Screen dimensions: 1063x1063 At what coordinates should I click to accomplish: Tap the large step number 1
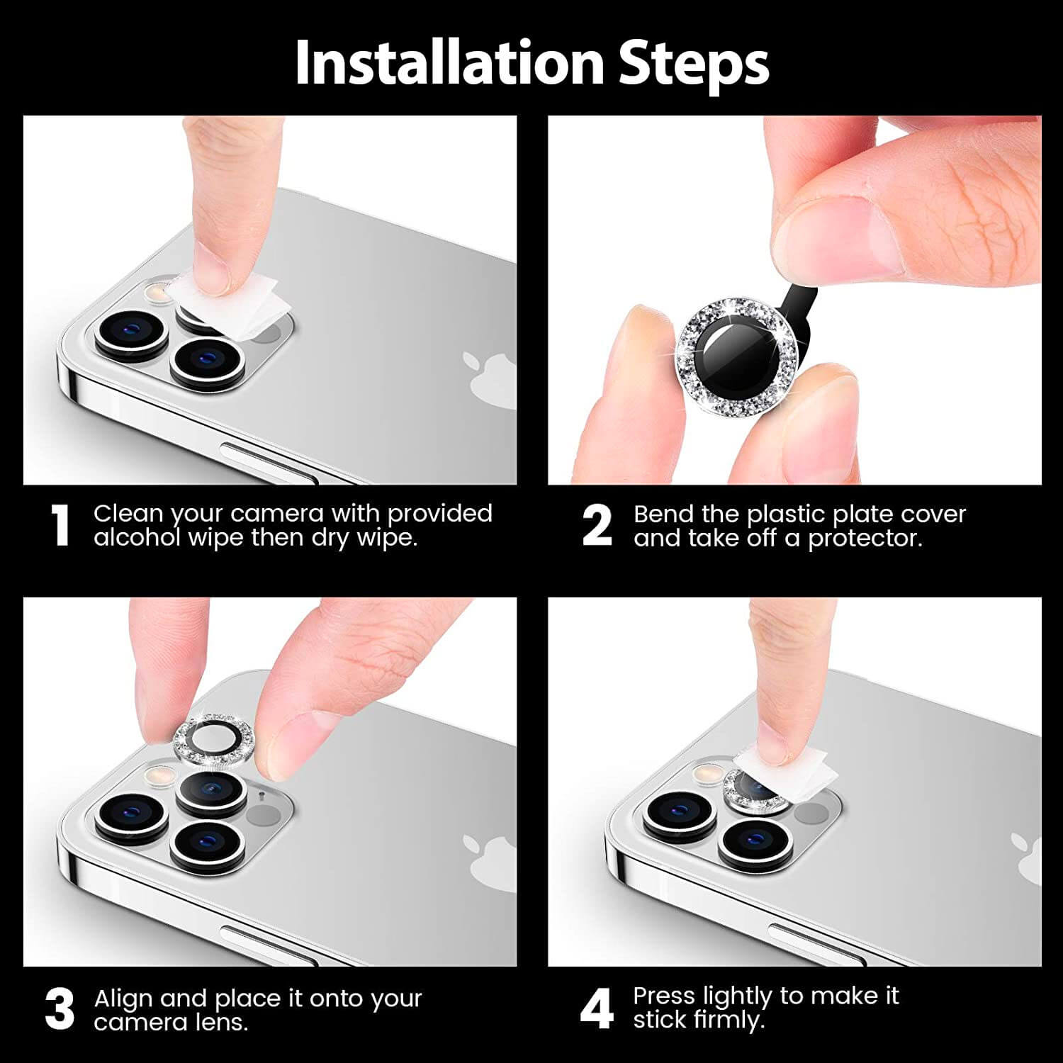pyautogui.click(x=61, y=526)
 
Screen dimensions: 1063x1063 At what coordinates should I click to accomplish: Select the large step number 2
pyautogui.click(x=597, y=526)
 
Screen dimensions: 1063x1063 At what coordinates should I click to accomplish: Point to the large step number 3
pyautogui.click(x=60, y=1009)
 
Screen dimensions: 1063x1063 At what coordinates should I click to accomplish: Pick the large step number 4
pyautogui.click(x=596, y=1009)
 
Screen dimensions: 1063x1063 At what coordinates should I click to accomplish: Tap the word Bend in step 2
pyautogui.click(x=663, y=514)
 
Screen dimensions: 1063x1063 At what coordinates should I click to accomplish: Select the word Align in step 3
pyautogui.click(x=123, y=999)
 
